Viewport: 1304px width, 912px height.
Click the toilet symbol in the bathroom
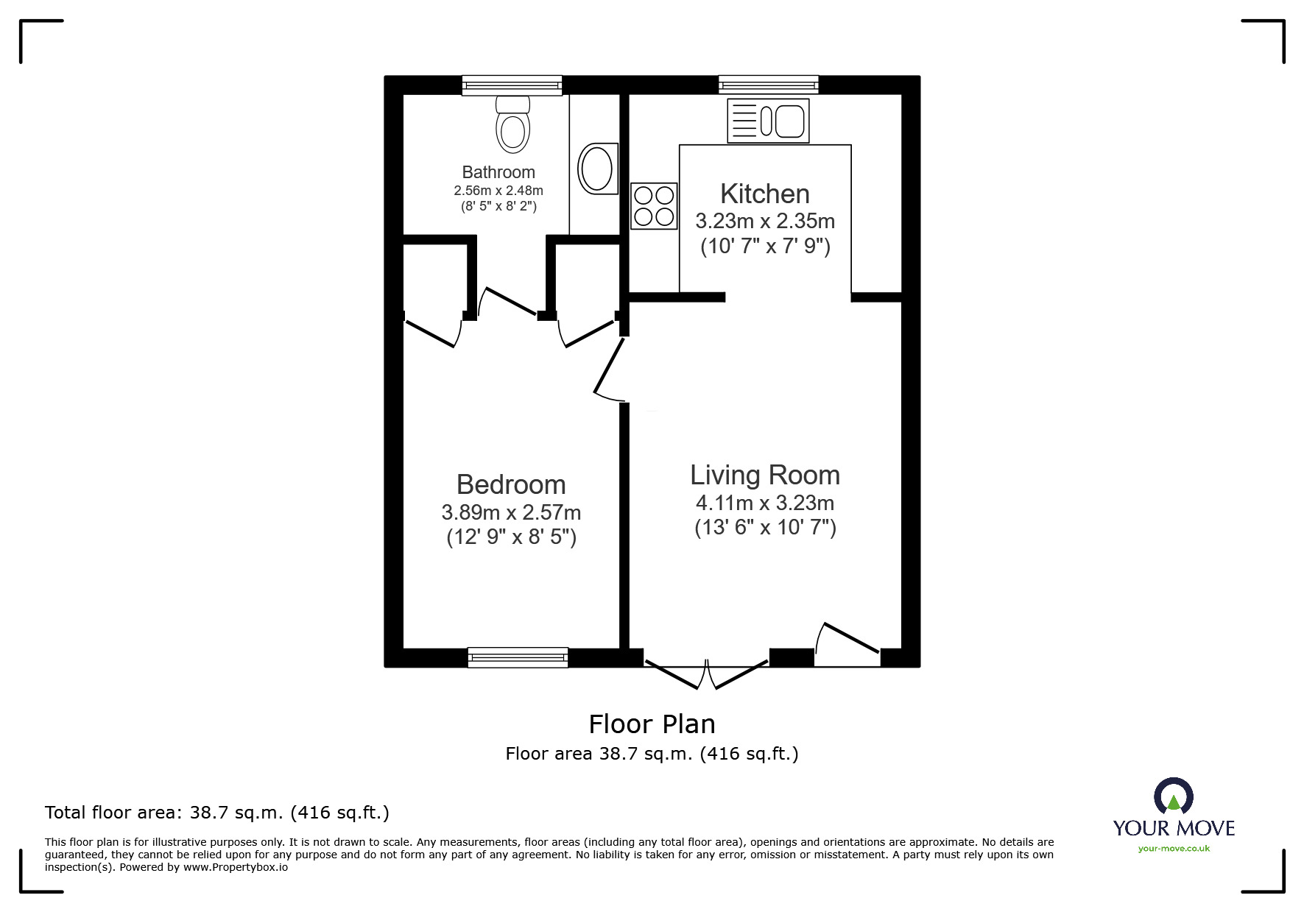[x=513, y=124]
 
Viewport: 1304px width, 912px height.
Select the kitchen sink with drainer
[x=768, y=121]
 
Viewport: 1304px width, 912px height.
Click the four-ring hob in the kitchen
[x=654, y=206]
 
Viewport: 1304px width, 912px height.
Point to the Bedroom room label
[x=511, y=485]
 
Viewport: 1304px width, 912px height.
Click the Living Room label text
[x=764, y=476]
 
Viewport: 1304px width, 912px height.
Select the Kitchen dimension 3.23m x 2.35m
[x=764, y=221]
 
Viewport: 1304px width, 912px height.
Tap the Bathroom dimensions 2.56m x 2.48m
[x=498, y=191]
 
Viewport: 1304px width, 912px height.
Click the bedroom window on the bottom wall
[x=518, y=657]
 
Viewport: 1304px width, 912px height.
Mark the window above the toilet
[x=512, y=85]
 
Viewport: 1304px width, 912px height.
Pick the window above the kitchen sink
[x=768, y=85]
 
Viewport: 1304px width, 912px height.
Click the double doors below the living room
[x=706, y=673]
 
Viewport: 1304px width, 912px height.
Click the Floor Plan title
[x=652, y=724]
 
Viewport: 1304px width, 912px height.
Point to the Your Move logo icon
[x=1173, y=797]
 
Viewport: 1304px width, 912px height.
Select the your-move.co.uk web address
[x=1174, y=849]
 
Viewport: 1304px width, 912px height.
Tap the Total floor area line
[x=217, y=813]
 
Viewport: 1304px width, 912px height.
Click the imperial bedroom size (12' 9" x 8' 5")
[x=511, y=537]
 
